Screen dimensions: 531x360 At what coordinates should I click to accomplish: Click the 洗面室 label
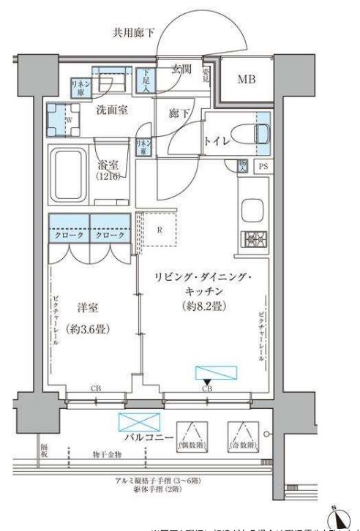coord(113,110)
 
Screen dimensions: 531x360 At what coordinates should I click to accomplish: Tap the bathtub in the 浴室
coord(67,175)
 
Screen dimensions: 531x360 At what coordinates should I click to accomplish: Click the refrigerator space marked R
coord(159,229)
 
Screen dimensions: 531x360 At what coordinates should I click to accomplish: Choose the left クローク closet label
coord(69,238)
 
